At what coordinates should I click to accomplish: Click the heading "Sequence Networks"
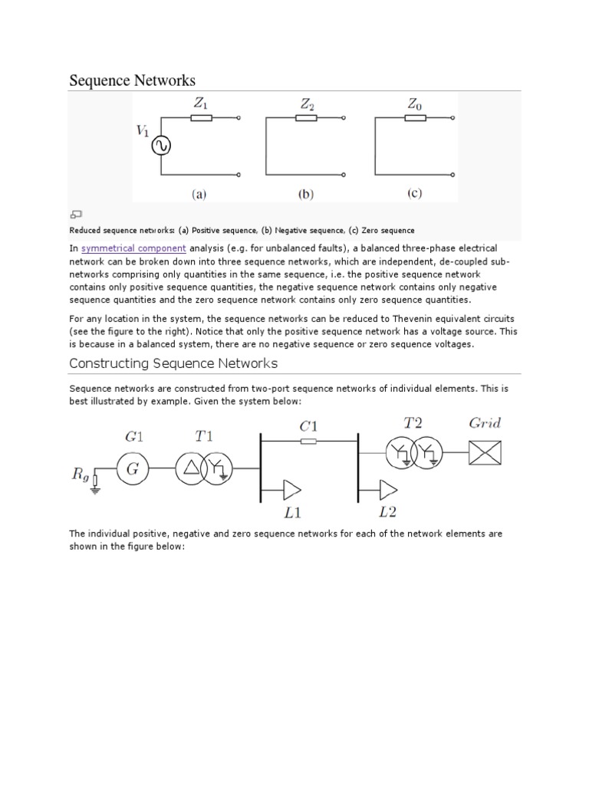click(132, 80)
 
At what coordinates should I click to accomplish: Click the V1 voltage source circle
click(161, 146)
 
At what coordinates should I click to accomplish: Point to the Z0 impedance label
click(415, 103)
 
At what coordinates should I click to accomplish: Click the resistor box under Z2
click(306, 118)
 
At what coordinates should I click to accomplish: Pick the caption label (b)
click(306, 195)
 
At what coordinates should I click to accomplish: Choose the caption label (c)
click(414, 194)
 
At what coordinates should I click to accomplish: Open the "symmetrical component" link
click(133, 248)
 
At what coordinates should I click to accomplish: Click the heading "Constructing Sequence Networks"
click(173, 363)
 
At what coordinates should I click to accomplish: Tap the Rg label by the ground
click(81, 475)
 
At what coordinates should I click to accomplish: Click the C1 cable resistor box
click(308, 442)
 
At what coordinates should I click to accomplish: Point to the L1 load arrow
click(291, 488)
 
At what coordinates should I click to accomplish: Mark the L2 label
click(387, 511)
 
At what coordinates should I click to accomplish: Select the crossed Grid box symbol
click(485, 454)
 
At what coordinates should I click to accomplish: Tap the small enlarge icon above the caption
click(76, 215)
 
